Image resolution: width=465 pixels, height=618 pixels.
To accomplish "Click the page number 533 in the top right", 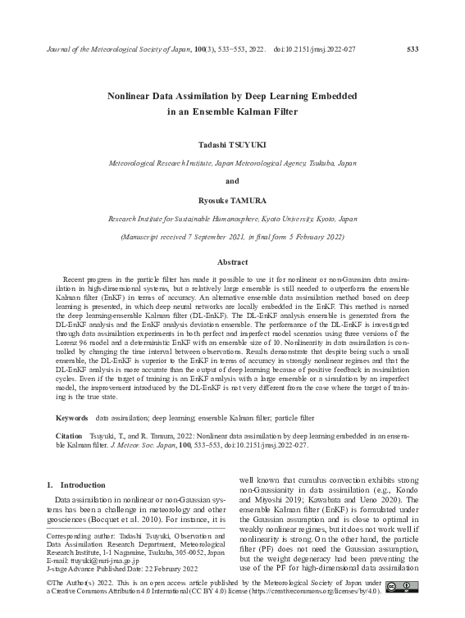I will pos(413,50).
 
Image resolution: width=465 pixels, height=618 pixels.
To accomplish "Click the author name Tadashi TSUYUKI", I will pos(232,144).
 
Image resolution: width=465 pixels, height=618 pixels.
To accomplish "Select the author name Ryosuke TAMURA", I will pos(232,201).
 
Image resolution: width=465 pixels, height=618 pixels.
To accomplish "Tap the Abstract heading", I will pos(232,261).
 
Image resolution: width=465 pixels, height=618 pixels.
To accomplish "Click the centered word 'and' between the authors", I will pos(232,181).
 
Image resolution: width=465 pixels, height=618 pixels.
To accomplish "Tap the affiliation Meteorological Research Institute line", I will pos(232,163).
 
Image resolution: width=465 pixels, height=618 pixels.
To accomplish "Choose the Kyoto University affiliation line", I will pos(232,220).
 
